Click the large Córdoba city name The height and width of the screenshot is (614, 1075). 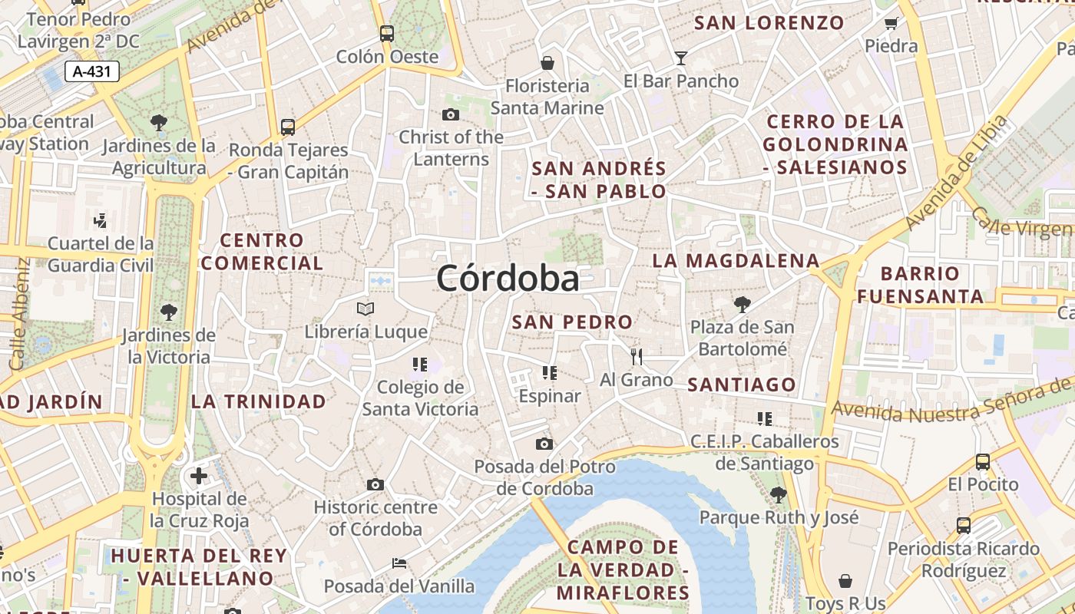(508, 278)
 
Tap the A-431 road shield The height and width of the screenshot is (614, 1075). (92, 72)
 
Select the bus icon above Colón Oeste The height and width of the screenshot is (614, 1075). (387, 34)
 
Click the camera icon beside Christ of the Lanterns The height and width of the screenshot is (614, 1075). (451, 115)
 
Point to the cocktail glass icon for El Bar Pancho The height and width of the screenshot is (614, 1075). (680, 58)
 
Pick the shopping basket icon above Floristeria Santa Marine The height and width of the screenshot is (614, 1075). (547, 62)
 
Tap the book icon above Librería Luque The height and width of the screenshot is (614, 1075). (365, 309)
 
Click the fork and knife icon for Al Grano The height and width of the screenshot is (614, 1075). (636, 356)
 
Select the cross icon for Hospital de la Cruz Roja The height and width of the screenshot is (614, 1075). (199, 476)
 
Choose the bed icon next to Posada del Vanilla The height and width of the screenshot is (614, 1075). (399, 563)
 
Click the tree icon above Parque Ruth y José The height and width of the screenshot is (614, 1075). (778, 494)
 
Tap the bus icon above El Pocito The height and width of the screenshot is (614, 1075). (983, 461)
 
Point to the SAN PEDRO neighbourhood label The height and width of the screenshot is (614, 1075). (572, 322)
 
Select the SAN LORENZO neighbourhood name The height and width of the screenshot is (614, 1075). (769, 23)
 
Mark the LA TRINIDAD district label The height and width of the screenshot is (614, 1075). (258, 401)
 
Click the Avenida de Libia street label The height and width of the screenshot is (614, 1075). (956, 173)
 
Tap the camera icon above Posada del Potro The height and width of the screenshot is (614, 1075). (544, 444)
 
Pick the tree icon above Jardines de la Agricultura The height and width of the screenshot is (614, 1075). (159, 121)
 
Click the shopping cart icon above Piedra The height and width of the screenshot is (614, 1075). (891, 23)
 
